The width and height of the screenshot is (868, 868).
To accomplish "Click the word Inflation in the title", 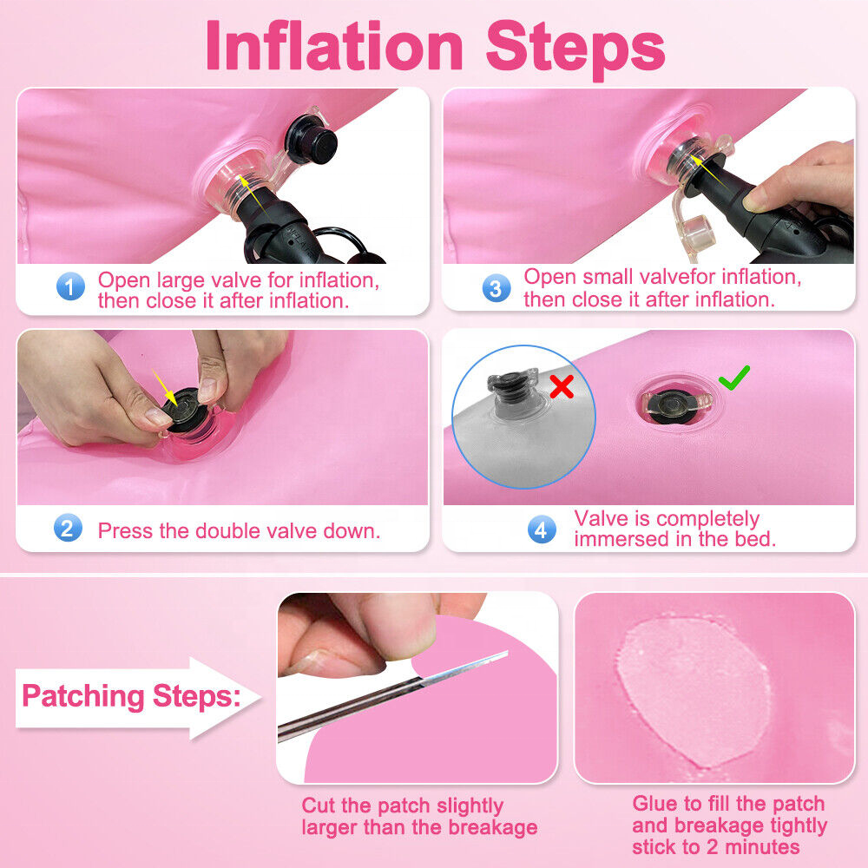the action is (334, 46).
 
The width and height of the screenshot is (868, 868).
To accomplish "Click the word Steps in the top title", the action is (575, 49).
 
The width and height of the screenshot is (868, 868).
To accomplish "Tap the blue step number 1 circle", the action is (70, 286).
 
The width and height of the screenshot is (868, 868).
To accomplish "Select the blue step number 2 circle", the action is (68, 528).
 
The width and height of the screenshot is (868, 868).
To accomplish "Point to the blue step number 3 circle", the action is (496, 288).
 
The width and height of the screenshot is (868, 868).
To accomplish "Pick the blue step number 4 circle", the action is (542, 529).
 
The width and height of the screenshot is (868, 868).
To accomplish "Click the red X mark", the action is (562, 386).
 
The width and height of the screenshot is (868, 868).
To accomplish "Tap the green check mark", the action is (734, 378).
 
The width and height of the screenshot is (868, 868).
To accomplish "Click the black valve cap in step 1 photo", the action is (311, 138).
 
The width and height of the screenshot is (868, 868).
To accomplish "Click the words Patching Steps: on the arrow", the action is (132, 696).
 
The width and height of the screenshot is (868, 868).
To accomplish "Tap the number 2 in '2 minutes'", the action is (713, 847).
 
